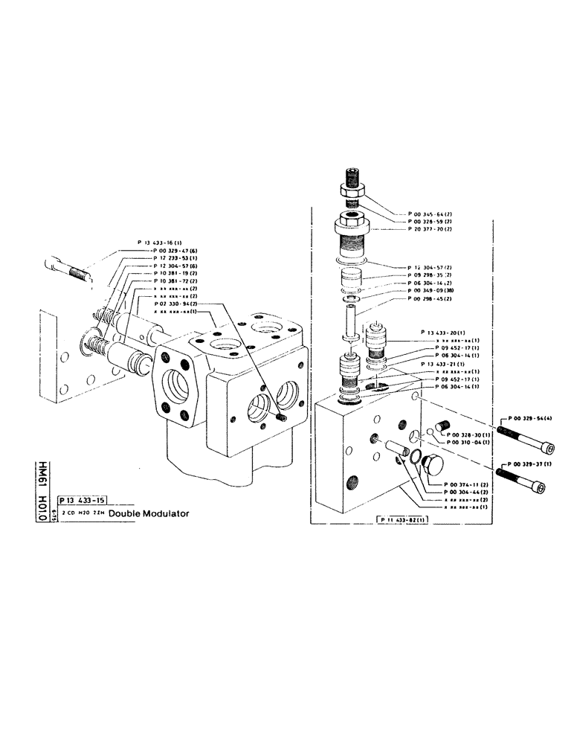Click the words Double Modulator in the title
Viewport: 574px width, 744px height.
149,513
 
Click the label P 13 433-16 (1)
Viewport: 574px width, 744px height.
162,243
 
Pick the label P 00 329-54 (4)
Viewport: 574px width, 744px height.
527,418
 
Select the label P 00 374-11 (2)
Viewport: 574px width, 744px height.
468,484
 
